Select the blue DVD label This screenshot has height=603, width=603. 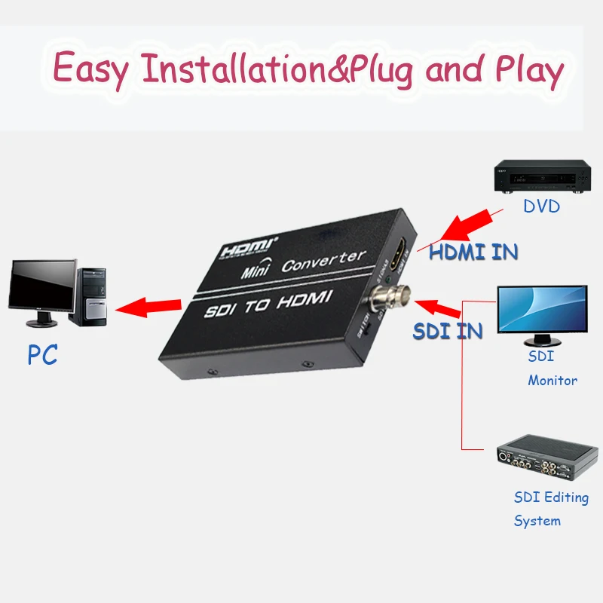click(x=542, y=205)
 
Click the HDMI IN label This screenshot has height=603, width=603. click(x=473, y=251)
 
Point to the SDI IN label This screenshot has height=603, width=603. click(x=448, y=331)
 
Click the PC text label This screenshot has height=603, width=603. click(x=43, y=354)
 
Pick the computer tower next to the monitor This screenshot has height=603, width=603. click(x=93, y=295)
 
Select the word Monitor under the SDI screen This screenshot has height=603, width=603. click(x=552, y=381)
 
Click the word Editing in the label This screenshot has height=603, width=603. click(x=561, y=497)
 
